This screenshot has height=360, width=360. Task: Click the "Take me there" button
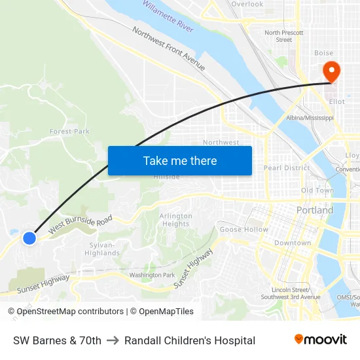(179, 160)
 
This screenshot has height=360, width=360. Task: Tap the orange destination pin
(331, 72)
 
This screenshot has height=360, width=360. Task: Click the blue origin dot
(29, 238)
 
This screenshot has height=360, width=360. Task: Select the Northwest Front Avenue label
(169, 49)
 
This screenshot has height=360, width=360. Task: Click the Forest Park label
(69, 132)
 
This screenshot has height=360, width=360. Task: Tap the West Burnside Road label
(81, 223)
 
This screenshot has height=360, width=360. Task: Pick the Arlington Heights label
(176, 220)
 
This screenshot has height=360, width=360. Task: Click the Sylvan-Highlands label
(103, 249)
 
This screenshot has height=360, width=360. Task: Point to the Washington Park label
(152, 275)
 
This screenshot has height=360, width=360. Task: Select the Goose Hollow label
(243, 230)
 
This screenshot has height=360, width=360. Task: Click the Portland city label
(314, 210)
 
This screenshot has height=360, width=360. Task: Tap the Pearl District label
(286, 168)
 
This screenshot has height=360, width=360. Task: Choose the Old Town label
(317, 190)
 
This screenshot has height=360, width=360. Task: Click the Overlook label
(247, 4)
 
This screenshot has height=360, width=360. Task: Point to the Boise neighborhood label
(323, 53)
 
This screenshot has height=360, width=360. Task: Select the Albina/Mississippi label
(310, 118)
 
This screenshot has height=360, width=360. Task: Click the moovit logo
(320, 339)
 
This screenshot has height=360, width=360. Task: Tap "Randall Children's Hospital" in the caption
(190, 340)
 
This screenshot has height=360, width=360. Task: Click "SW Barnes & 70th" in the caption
(57, 340)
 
